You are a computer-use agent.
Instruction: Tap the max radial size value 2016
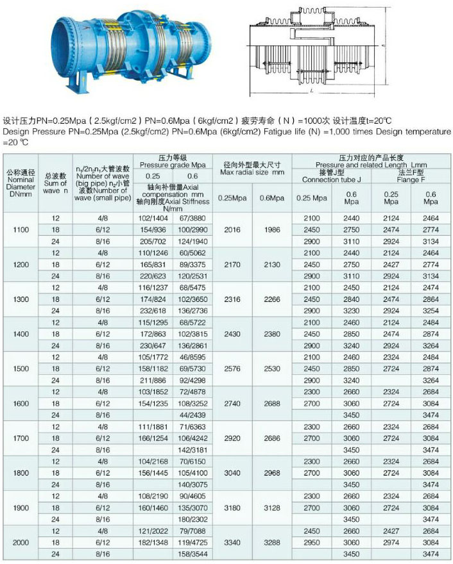click(231, 229)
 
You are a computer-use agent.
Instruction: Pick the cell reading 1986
click(272, 229)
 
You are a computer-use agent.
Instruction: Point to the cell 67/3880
click(194, 218)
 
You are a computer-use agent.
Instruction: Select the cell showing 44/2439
click(194, 415)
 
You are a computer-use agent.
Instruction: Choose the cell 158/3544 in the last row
click(194, 554)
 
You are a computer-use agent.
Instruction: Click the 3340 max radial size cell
click(231, 542)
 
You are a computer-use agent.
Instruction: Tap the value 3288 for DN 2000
click(272, 542)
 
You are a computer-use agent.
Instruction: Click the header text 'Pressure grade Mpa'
click(173, 164)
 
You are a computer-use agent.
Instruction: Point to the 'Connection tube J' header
click(332, 179)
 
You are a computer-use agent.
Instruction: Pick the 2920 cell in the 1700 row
click(231, 438)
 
